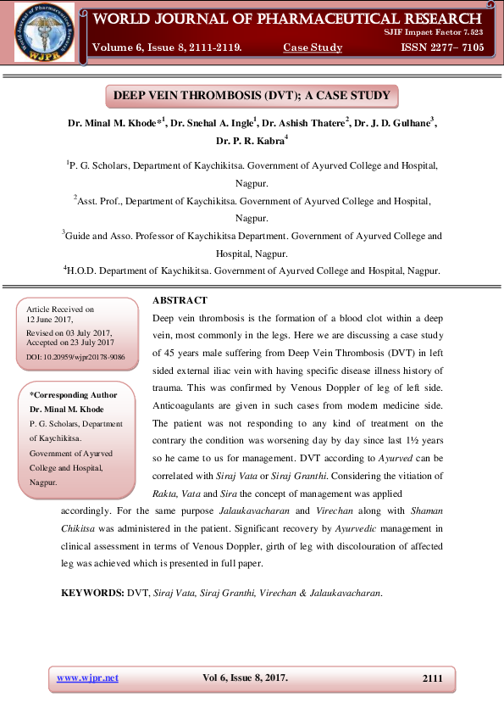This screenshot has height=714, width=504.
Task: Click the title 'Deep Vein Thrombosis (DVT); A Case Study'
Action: click(252, 95)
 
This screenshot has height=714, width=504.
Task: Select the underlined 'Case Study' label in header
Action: click(313, 47)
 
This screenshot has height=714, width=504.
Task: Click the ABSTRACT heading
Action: click(180, 300)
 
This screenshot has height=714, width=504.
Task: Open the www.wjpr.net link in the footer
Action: click(87, 678)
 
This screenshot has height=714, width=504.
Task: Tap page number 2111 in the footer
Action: click(432, 678)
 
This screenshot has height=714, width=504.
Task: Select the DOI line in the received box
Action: click(75, 357)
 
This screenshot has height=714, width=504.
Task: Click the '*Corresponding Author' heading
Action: click(74, 395)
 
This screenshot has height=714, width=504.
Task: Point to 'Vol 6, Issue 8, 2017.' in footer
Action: click(245, 678)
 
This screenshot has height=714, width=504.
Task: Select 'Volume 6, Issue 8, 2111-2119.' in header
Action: click(167, 47)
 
